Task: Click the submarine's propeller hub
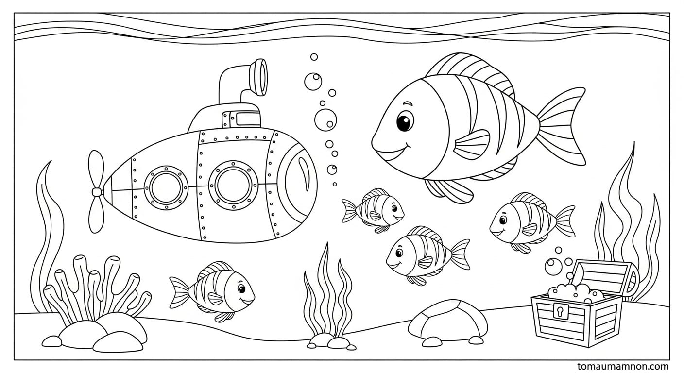tap(97, 192)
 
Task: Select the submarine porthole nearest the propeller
tap(166, 187)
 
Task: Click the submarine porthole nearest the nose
tap(233, 185)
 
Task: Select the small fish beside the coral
tap(212, 291)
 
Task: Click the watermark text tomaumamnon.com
tap(623, 366)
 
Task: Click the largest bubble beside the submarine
tap(325, 120)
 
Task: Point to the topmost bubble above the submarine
tap(314, 57)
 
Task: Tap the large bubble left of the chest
tap(553, 267)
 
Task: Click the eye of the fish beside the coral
tap(241, 288)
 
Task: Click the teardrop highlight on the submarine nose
tap(304, 173)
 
